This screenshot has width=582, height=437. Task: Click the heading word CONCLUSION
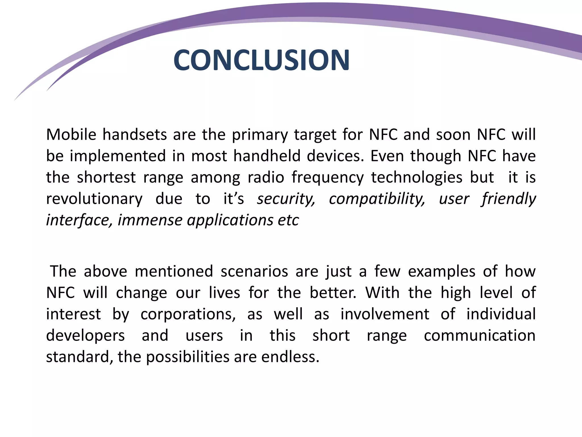(261, 60)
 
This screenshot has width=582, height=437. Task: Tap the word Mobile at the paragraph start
(71, 135)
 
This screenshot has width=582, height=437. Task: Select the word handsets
(134, 135)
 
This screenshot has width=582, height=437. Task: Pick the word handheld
(267, 156)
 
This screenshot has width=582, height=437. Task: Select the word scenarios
(254, 271)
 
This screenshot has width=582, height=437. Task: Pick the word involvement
(385, 314)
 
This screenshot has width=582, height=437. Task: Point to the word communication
(480, 335)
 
